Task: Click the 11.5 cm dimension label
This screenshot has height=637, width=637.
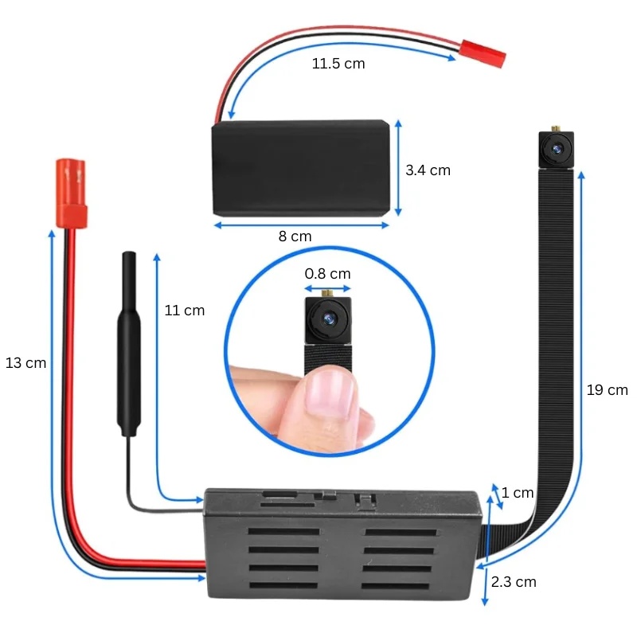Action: coord(338,64)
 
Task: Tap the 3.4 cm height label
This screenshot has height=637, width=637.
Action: coord(428,170)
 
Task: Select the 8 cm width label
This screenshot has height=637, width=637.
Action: coord(295,236)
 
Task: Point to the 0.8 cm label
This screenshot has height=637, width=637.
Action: coord(327,274)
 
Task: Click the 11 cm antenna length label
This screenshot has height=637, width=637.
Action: coord(185,311)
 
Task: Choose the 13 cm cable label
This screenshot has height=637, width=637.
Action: coord(25,363)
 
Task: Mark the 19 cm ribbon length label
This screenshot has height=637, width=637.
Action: coord(607,390)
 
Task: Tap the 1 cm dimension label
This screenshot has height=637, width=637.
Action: coord(517,493)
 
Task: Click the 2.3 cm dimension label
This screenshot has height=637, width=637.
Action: coord(514,582)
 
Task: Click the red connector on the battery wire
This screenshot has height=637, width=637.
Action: coord(483,53)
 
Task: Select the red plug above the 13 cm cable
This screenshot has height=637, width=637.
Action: coord(71,193)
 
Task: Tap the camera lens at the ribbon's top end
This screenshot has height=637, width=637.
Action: coord(556,150)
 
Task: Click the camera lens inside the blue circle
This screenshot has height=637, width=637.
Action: coord(328,319)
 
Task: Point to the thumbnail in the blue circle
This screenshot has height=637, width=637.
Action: coord(329,395)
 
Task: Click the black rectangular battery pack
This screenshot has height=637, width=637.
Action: coord(301,168)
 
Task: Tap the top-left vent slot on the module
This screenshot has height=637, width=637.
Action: coord(283,531)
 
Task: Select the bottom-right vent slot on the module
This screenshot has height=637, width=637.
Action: coord(395,586)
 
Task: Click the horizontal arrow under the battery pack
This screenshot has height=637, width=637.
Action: coord(302,225)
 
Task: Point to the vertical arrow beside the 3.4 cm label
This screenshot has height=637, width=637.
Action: coord(398,168)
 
